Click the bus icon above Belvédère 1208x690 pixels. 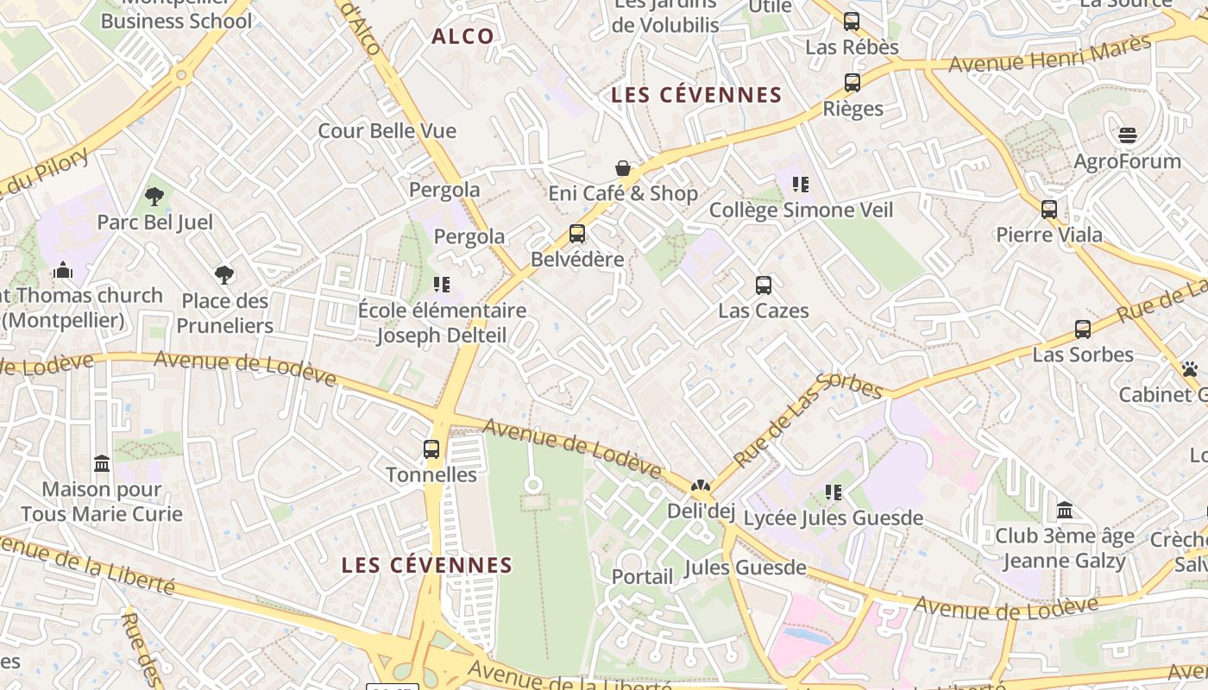click(x=577, y=234)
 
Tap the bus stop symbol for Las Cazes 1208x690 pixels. click(x=764, y=285)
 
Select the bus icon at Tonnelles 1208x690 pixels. click(x=431, y=449)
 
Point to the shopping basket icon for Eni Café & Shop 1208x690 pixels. click(x=623, y=168)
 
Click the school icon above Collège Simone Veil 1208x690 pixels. click(x=801, y=185)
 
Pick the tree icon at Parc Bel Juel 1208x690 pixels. click(x=154, y=197)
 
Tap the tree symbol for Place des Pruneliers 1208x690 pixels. click(x=224, y=275)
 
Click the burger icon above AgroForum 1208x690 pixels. click(x=1128, y=135)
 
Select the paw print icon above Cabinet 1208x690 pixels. click(x=1190, y=369)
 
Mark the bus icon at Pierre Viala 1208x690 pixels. click(x=1049, y=210)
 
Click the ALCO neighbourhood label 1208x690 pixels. click(x=462, y=36)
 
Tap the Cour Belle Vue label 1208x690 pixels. click(x=387, y=131)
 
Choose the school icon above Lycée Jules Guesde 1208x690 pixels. click(x=834, y=492)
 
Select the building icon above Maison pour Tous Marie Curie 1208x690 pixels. click(x=102, y=464)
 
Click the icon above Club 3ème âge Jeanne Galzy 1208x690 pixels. click(x=1065, y=511)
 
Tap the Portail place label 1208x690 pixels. click(x=643, y=576)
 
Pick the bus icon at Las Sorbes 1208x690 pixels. click(x=1083, y=329)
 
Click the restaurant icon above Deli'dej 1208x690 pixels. click(x=701, y=486)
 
